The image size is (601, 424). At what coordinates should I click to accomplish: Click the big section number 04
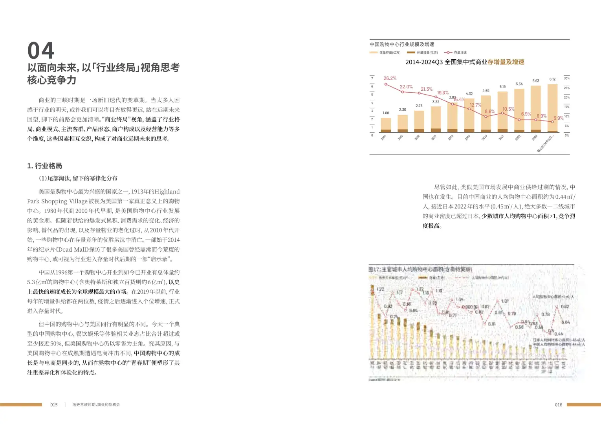[x=41, y=51]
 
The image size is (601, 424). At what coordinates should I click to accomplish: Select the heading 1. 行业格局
[x=44, y=166]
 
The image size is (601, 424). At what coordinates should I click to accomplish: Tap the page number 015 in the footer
[x=54, y=405]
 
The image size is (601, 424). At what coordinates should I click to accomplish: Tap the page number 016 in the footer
[x=558, y=405]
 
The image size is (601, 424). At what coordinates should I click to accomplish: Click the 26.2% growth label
[x=390, y=78]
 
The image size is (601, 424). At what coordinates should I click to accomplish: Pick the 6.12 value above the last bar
[x=552, y=79]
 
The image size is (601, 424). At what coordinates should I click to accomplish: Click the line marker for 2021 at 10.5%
[x=502, y=113]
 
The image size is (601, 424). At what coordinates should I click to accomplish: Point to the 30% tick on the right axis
[x=566, y=78]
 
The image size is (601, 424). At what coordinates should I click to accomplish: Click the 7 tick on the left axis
[x=372, y=78]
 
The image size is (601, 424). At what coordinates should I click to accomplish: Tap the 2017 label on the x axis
[x=434, y=137]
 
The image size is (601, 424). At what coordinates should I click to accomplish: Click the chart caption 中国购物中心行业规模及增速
[x=402, y=44]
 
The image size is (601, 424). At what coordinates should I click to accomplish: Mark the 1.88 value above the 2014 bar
[x=386, y=113]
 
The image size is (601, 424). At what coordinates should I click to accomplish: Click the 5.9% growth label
[x=558, y=118]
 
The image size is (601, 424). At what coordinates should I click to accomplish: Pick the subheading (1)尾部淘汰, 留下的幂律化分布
[x=78, y=178]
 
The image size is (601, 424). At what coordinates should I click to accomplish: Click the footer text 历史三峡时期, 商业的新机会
[x=96, y=405]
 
